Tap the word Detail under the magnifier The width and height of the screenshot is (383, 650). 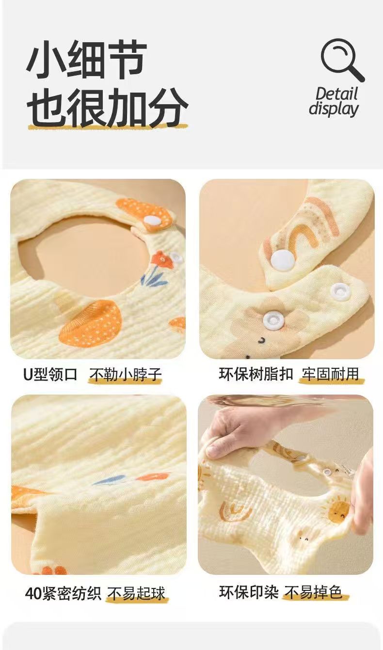pos(336,94)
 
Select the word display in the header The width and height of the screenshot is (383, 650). pos(334,109)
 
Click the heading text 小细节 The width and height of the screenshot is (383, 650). pos(86,61)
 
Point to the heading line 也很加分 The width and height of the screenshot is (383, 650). pos(107,108)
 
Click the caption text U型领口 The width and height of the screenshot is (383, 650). pos(50,375)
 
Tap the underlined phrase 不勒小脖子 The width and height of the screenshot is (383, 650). pos(125,375)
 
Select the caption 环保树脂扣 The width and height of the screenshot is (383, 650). pos(256,375)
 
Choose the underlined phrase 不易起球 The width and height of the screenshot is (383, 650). pos(136,593)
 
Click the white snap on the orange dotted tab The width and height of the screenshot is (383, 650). pos(152,221)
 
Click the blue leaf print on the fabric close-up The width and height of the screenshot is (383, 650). pos(109,480)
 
